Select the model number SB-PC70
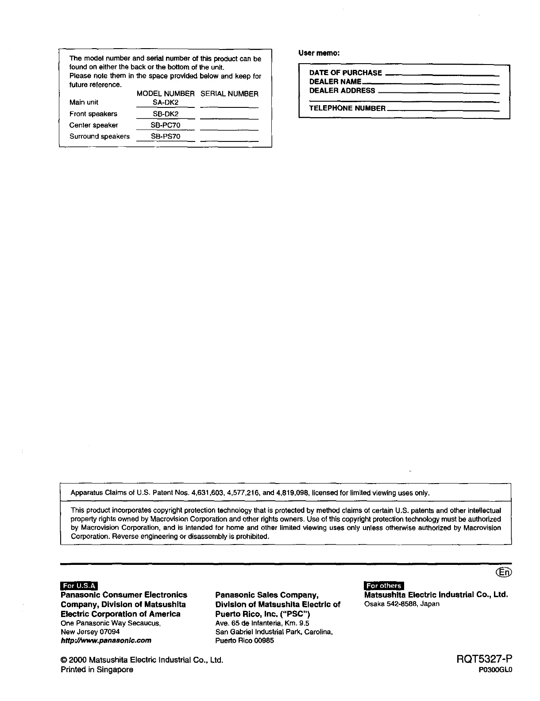tap(166, 125)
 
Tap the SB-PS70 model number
tap(166, 137)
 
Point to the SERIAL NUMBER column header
tap(229, 94)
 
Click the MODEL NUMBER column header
tap(166, 94)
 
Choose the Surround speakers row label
tap(100, 137)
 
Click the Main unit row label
tap(84, 103)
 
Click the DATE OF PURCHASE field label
tap(345, 73)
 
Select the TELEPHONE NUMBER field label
tap(347, 108)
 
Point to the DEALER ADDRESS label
tap(342, 91)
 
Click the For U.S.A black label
tap(79, 586)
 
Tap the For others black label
tap(383, 586)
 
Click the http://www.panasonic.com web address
tap(106, 640)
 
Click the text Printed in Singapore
tap(96, 670)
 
